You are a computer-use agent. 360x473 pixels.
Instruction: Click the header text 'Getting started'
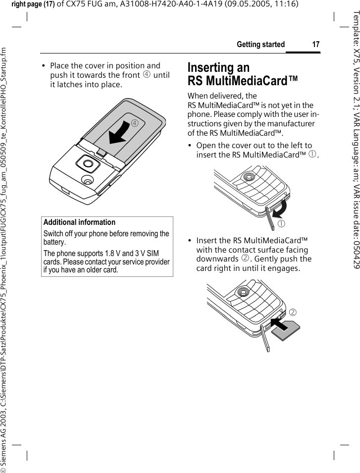pyautogui.click(x=260, y=45)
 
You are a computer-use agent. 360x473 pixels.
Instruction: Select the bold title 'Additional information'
pyautogui.click(x=79, y=222)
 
